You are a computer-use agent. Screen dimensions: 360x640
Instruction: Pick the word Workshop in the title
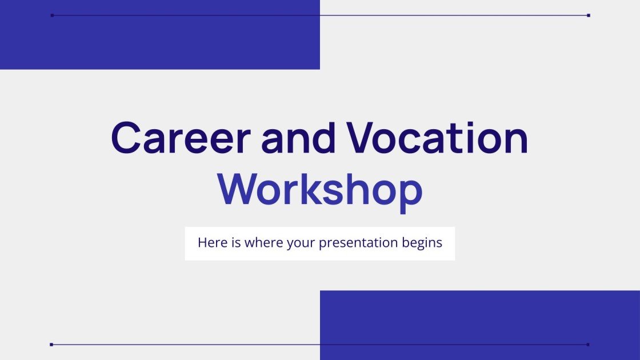click(x=320, y=190)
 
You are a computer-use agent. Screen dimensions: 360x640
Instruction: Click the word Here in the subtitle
click(x=211, y=242)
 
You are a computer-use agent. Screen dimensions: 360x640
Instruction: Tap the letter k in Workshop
click(x=313, y=190)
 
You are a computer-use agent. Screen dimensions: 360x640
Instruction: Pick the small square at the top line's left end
click(x=52, y=15)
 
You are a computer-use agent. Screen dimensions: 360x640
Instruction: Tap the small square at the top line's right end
click(x=589, y=15)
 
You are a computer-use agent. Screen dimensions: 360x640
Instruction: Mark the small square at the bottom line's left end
click(x=51, y=345)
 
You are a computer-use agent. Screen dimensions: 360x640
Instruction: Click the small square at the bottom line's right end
click(x=589, y=345)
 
